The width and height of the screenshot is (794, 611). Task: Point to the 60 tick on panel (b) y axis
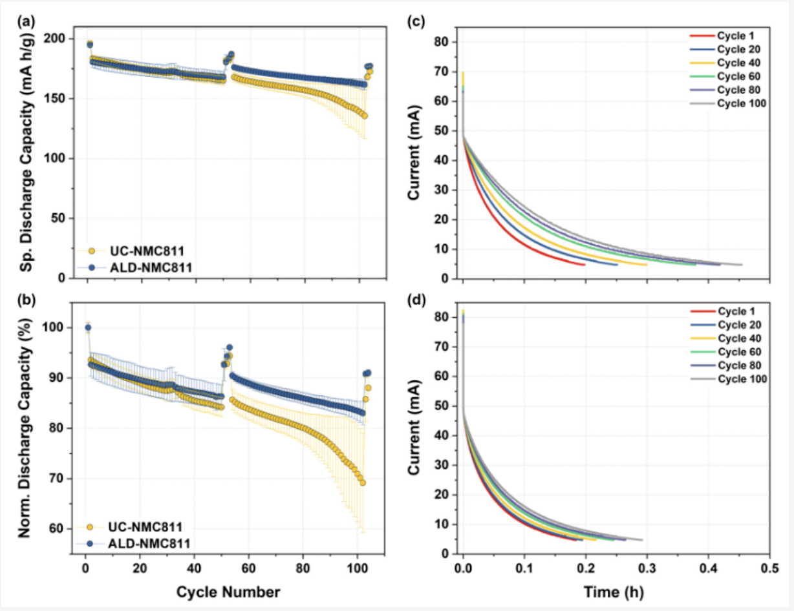(63, 529)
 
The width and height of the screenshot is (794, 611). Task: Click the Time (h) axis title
(615, 592)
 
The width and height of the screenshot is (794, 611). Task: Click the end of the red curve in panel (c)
(584, 264)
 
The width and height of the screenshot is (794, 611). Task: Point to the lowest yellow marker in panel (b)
(363, 482)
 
